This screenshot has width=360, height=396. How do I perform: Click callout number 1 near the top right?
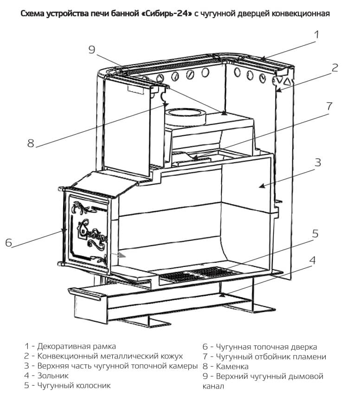point(317,35)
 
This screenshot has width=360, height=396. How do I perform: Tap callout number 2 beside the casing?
point(334,68)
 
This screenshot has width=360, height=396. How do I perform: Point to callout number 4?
point(312,260)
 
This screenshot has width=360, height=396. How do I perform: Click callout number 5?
point(315,234)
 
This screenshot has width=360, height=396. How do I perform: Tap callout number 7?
point(329,105)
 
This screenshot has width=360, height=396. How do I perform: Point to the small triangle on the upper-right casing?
point(287,82)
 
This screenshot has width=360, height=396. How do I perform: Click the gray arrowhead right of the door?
point(121,255)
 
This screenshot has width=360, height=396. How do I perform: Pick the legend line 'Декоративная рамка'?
point(77,346)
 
